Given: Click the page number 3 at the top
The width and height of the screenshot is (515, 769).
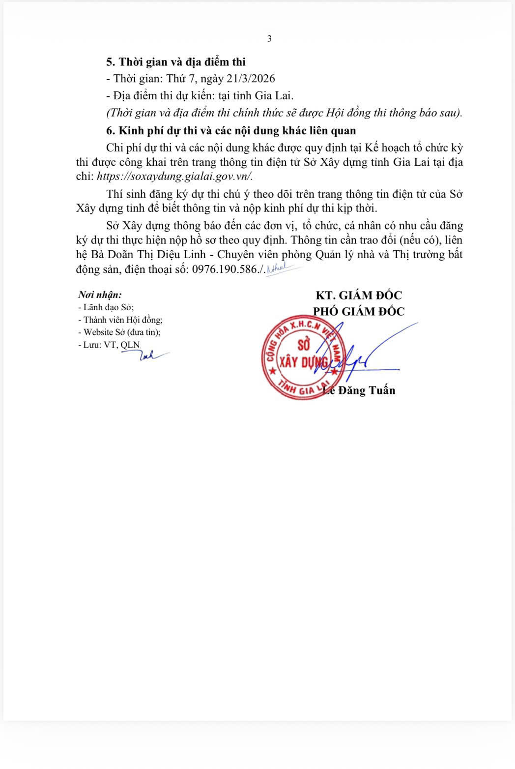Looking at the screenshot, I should pos(269,39).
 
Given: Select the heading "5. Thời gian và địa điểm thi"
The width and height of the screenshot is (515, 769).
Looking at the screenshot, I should pos(176,62).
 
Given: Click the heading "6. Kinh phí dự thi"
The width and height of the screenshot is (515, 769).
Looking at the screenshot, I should pos(231,131).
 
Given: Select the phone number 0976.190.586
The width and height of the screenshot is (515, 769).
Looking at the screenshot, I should pos(225,269).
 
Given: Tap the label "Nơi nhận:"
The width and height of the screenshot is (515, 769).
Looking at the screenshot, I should pos(100,295).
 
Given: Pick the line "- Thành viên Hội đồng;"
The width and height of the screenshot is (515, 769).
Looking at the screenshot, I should pos(120,320).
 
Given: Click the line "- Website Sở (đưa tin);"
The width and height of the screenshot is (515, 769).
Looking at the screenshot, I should pos(119,332).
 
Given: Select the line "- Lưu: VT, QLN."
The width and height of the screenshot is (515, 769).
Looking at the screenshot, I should pos(109,345).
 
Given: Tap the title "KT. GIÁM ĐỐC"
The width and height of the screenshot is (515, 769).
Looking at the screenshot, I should pos(359,296).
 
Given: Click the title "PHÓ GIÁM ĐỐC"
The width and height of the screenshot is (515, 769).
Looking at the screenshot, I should pos(359,311).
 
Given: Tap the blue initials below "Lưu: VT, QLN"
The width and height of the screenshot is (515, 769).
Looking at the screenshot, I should pos(150,355).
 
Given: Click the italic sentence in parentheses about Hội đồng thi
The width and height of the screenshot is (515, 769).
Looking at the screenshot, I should pos(284,113).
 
